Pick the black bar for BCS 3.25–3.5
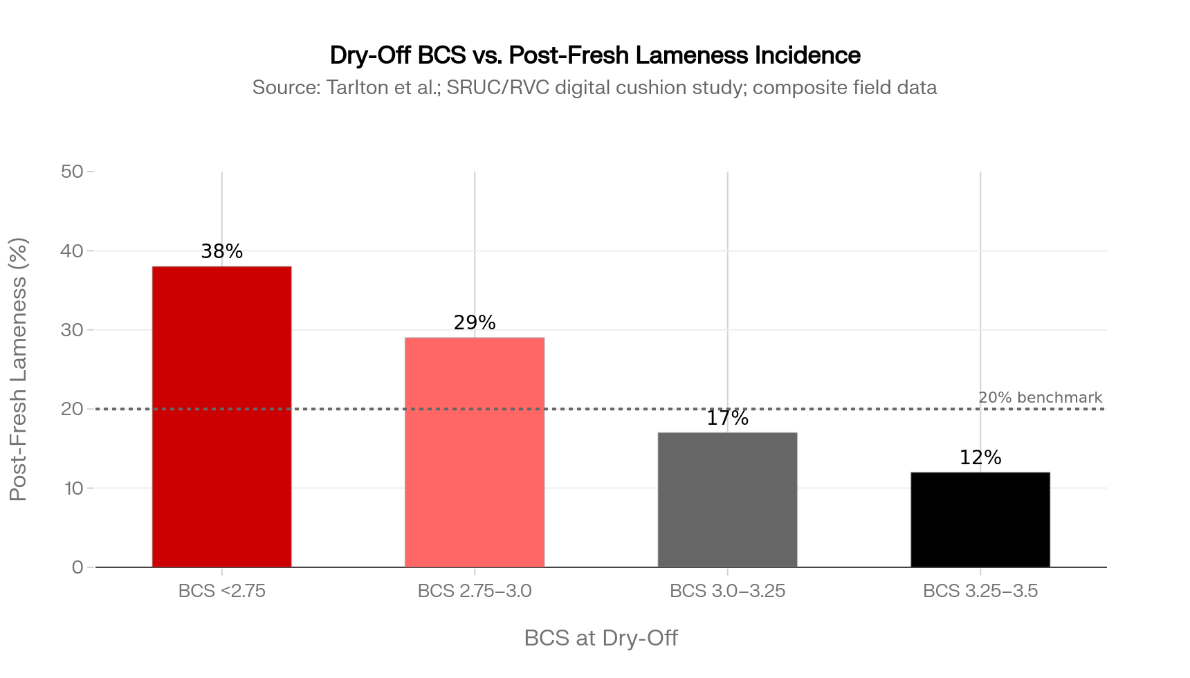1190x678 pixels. click(980, 520)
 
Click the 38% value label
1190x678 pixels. click(221, 252)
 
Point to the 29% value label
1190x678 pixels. click(475, 323)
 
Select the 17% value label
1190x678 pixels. click(727, 419)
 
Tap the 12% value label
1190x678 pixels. click(980, 458)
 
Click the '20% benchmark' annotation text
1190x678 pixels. click(1040, 398)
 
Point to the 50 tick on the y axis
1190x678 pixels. click(72, 172)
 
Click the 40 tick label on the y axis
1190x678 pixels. click(72, 251)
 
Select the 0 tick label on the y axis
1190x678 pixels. click(77, 567)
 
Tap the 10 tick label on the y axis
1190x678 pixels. click(73, 488)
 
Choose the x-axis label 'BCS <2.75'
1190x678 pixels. click(221, 592)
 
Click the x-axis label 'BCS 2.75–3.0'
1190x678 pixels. click(475, 592)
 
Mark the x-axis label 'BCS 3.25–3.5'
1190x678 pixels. click(980, 592)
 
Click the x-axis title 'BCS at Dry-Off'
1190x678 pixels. click(601, 638)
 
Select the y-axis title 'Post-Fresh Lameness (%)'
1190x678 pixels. click(19, 369)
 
